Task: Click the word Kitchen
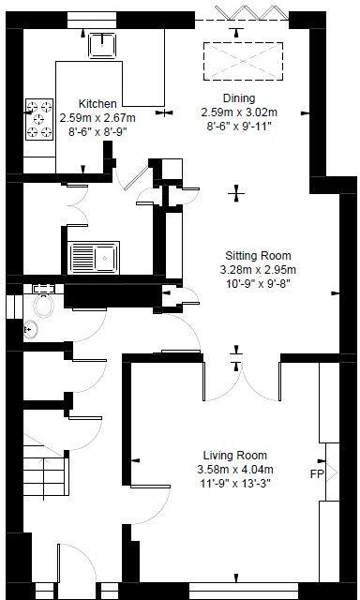point(97,104)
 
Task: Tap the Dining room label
point(238,97)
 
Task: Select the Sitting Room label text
point(258,255)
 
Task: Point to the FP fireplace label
point(317,474)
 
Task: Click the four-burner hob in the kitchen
point(40,119)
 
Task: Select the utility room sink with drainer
point(93,256)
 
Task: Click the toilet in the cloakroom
point(43,306)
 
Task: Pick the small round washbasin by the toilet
point(29,328)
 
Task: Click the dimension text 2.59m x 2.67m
point(97,118)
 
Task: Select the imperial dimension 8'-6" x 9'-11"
point(238,126)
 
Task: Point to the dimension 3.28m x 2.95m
point(258,269)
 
